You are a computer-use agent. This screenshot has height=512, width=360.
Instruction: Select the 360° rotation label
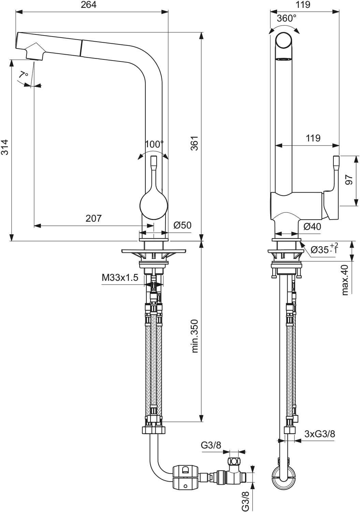point(286,18)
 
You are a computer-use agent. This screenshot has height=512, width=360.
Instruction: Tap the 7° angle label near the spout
point(24,74)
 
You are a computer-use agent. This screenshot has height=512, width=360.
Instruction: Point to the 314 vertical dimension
point(5,147)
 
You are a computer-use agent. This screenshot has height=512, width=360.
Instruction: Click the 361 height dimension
point(194,143)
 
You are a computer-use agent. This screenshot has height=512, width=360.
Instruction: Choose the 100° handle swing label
point(154,144)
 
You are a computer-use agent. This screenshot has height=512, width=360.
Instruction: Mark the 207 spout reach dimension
point(93,218)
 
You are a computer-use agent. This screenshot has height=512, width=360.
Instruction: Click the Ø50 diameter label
point(182,225)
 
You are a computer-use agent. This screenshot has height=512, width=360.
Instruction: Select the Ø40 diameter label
point(312,226)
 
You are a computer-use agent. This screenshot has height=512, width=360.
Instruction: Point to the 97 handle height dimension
point(349,180)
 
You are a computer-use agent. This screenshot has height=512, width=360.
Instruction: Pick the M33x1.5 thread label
point(120,278)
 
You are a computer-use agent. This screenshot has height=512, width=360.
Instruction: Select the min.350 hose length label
point(195,336)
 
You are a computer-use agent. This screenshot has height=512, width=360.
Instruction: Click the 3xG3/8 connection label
point(319,434)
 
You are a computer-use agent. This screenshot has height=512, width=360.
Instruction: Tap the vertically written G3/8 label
point(245,501)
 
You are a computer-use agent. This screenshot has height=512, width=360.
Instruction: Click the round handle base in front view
point(154,206)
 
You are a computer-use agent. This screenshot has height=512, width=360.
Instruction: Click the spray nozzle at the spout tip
point(34,53)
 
